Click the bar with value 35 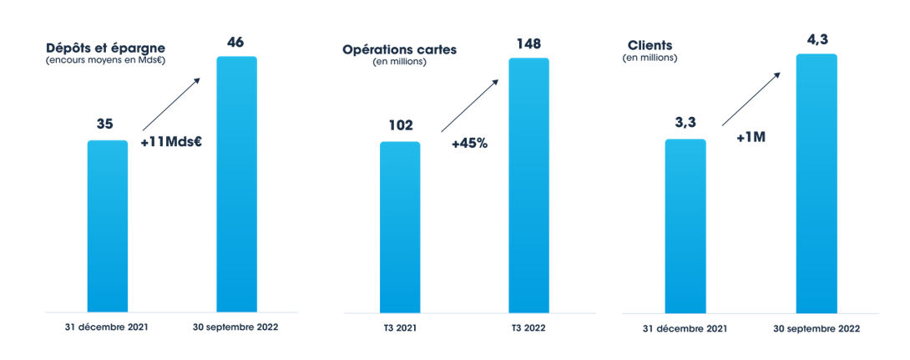click(108, 226)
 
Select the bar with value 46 click(236, 184)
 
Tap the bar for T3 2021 click(400, 226)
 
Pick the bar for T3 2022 click(528, 185)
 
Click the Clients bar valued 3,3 click(685, 226)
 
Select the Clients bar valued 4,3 click(816, 183)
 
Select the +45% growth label click(469, 143)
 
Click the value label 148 click(529, 42)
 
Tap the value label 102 click(400, 125)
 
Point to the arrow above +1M click(751, 99)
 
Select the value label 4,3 click(816, 38)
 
